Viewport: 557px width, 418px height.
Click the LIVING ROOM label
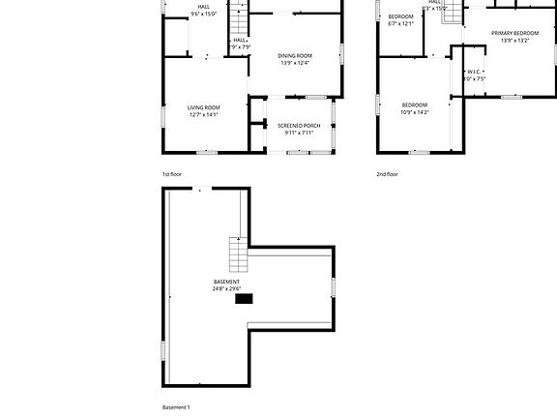pyautogui.click(x=203, y=107)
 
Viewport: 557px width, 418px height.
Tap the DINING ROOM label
pyautogui.click(x=296, y=56)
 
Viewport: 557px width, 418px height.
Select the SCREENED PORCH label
pyautogui.click(x=299, y=126)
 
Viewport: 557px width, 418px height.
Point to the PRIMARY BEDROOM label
pyautogui.click(x=508, y=33)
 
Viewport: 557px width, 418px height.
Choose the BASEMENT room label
pyautogui.click(x=226, y=282)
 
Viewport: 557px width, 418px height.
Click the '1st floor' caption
pyautogui.click(x=172, y=174)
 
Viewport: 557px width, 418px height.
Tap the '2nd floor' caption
pyautogui.click(x=387, y=174)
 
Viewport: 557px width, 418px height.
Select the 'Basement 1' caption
pyautogui.click(x=176, y=407)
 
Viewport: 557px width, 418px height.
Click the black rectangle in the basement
pyautogui.click(x=245, y=299)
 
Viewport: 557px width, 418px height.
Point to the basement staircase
pyautogui.click(x=238, y=255)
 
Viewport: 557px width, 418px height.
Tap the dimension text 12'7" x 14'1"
pyautogui.click(x=203, y=115)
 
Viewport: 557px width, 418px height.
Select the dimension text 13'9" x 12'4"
pyautogui.click(x=296, y=64)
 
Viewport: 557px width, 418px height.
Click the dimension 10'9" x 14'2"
pyautogui.click(x=415, y=112)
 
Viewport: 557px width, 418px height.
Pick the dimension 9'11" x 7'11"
pyautogui.click(x=299, y=133)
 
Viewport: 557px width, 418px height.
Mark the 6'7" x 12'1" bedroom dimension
pyautogui.click(x=400, y=24)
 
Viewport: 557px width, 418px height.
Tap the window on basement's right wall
pyautogui.click(x=334, y=286)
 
